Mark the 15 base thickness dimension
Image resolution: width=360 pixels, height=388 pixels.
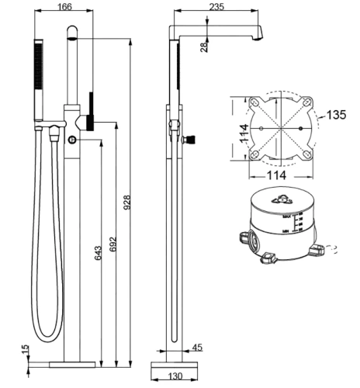26,352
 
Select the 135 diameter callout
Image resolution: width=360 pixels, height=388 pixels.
336,116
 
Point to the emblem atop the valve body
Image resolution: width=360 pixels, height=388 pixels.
276,199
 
